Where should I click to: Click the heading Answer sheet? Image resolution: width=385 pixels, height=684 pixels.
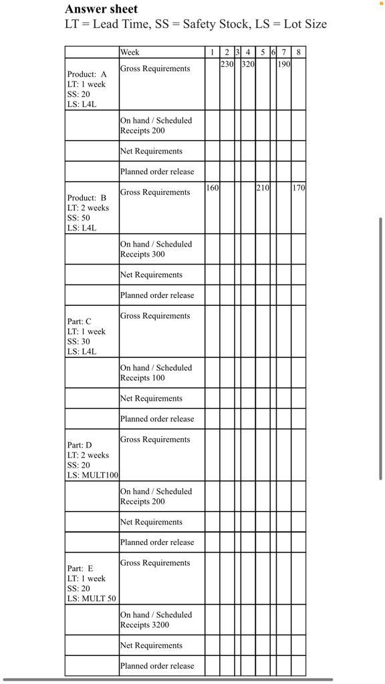102,9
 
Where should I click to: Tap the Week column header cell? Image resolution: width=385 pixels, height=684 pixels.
130,52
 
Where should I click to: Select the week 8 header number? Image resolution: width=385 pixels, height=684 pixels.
298,52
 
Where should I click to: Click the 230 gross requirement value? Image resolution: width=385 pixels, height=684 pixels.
227,64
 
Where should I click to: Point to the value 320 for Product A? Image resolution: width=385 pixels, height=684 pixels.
248,64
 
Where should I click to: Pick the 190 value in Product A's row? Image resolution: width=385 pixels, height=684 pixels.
283,64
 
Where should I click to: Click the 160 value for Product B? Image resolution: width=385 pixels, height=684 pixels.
212,188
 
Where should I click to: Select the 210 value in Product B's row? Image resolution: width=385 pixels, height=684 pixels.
263,188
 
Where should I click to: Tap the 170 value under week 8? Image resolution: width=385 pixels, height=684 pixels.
298,188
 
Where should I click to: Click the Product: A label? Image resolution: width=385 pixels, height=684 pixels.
86,74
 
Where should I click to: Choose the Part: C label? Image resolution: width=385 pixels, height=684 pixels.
79,321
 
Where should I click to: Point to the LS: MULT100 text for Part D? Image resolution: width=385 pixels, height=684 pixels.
92,475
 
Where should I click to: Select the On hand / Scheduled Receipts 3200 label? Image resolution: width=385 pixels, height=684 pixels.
156,620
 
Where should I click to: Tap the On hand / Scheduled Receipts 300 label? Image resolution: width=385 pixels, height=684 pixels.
156,249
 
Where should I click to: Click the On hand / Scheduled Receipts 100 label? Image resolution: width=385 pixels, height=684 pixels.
156,373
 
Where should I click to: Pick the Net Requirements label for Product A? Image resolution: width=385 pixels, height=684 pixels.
151,151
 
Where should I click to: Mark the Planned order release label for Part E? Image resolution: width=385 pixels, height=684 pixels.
157,666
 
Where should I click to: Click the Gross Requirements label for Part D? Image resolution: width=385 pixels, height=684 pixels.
155,440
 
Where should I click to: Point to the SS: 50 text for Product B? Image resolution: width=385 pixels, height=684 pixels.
78,218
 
